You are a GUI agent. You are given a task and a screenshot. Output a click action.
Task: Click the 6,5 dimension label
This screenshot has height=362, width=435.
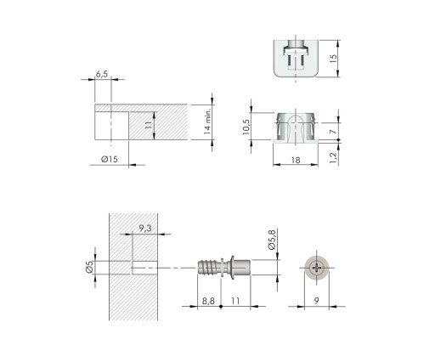[102, 74]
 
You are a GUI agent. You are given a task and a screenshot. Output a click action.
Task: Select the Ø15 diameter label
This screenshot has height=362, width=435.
[110, 159]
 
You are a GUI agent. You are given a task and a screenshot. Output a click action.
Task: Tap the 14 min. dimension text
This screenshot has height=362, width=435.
[207, 121]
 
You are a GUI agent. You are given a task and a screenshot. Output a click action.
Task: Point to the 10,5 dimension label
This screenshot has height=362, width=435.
[246, 127]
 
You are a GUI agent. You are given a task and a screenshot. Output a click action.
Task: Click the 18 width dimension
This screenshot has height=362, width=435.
[296, 161]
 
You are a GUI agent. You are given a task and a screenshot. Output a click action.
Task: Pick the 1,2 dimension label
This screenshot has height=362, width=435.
[333, 157]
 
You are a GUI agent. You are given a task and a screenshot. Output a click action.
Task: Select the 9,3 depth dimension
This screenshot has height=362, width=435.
[145, 229]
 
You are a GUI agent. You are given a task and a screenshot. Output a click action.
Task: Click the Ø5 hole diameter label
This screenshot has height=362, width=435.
[89, 267]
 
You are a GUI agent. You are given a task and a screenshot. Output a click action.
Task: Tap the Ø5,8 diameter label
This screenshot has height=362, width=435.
[271, 240]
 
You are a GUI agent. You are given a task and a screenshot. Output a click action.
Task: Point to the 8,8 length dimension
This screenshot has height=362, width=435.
[208, 301]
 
